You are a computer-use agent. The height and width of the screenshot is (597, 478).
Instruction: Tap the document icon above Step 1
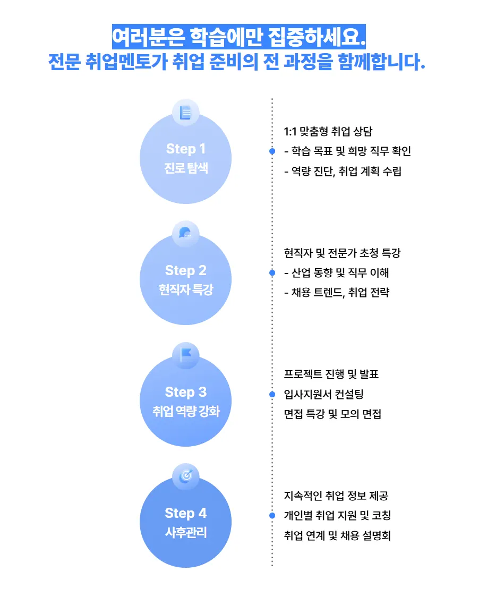(185, 113)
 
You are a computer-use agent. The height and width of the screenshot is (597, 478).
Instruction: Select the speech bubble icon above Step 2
(185, 234)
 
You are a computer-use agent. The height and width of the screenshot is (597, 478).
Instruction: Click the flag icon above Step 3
(185, 355)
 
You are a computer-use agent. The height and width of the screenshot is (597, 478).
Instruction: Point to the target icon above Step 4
(185, 476)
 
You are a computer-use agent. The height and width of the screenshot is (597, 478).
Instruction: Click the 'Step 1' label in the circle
(185, 149)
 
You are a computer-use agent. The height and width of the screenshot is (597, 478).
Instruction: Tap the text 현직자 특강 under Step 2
(185, 291)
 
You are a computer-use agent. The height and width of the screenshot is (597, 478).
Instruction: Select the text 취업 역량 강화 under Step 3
(185, 412)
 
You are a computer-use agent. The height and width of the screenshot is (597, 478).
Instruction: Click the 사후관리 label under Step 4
(185, 533)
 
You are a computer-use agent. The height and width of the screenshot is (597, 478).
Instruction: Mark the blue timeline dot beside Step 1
(272, 151)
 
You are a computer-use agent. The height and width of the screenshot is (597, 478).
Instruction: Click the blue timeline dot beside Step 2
(272, 273)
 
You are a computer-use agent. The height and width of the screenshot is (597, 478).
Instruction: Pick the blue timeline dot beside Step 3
(272, 394)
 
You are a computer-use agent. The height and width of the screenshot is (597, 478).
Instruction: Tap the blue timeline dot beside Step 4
(272, 515)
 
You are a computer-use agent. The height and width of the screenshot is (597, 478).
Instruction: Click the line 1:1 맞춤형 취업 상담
(332, 132)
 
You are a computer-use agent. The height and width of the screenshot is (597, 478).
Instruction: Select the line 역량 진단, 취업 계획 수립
(343, 171)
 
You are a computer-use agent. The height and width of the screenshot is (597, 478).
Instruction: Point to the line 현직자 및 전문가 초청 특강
(342, 253)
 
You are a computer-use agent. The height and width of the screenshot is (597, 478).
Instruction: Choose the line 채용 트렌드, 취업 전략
(337, 293)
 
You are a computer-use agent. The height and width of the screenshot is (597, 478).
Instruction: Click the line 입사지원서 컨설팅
(324, 394)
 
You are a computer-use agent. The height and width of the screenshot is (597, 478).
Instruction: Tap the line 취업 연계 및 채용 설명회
(338, 535)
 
